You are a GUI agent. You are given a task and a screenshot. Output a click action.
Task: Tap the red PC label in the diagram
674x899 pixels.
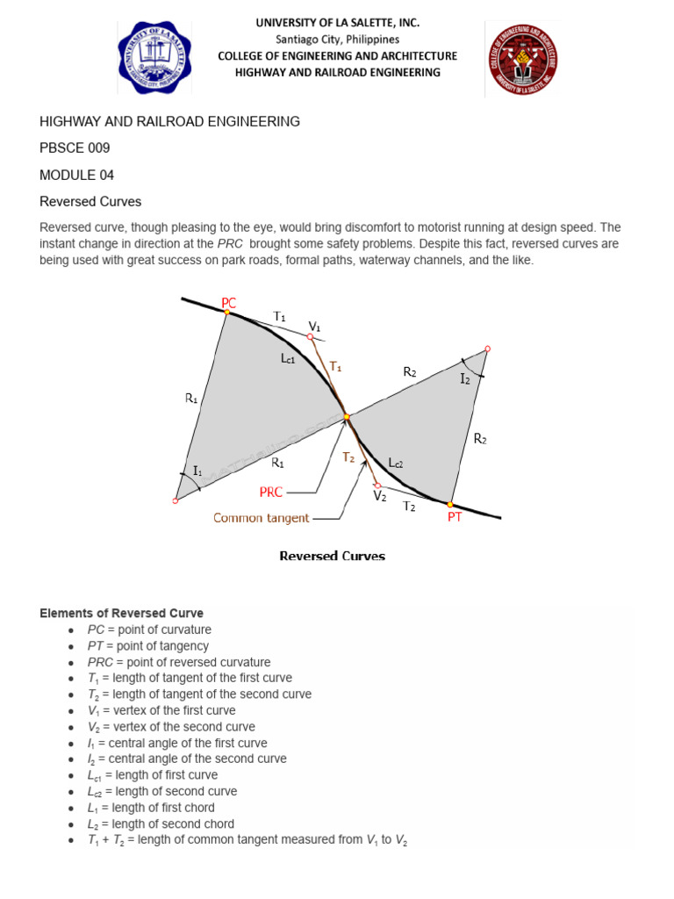pyautogui.click(x=229, y=303)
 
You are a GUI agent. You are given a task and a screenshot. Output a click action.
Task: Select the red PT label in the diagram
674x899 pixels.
pyautogui.click(x=455, y=518)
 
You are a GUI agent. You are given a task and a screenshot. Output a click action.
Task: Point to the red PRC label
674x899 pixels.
pyautogui.click(x=271, y=493)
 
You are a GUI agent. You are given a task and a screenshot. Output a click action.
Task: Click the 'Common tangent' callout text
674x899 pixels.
pyautogui.click(x=261, y=518)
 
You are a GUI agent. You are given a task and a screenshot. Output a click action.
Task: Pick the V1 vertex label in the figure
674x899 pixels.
pyautogui.click(x=314, y=327)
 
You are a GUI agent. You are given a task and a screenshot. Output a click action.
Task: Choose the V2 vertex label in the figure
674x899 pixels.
pyautogui.click(x=379, y=496)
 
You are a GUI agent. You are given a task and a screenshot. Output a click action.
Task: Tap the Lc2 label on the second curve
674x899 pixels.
pyautogui.click(x=396, y=462)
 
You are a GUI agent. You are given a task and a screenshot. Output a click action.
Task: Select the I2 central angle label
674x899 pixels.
pyautogui.click(x=465, y=378)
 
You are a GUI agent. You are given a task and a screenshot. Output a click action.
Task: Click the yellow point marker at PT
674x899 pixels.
pyautogui.click(x=450, y=505)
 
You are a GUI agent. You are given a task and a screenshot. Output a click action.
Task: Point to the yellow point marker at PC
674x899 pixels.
pyautogui.click(x=226, y=313)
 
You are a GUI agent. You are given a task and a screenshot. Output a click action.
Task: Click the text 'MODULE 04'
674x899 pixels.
pyautogui.click(x=77, y=175)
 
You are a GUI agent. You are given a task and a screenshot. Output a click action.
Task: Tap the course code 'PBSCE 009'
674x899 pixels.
pyautogui.click(x=75, y=148)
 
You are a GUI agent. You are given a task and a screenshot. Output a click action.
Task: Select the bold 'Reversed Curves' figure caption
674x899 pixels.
pyautogui.click(x=332, y=556)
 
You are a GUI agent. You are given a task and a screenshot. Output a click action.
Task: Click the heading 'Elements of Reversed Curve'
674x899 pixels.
pyautogui.click(x=122, y=613)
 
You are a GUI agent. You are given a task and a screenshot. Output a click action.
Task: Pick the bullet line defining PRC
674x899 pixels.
pyautogui.click(x=179, y=662)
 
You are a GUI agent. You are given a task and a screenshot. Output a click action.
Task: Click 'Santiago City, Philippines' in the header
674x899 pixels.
pyautogui.click(x=337, y=40)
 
